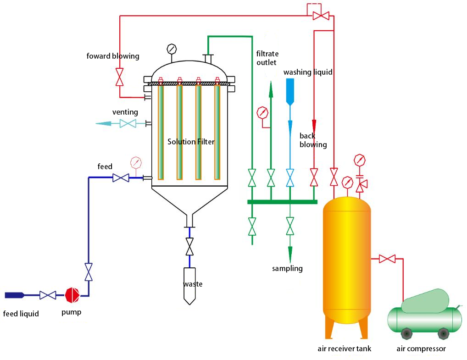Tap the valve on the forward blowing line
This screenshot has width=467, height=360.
120,77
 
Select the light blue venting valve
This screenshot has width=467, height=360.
128,123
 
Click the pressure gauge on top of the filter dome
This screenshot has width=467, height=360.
172,49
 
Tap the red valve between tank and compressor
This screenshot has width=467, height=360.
388,259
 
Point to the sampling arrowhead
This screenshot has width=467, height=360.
290,254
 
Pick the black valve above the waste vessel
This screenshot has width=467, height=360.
189,247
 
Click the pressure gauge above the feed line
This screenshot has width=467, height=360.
136,163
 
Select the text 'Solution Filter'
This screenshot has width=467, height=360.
191,142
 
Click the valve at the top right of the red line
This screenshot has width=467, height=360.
320,16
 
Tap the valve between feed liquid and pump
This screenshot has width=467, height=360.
47,295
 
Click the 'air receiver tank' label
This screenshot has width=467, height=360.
344,349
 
